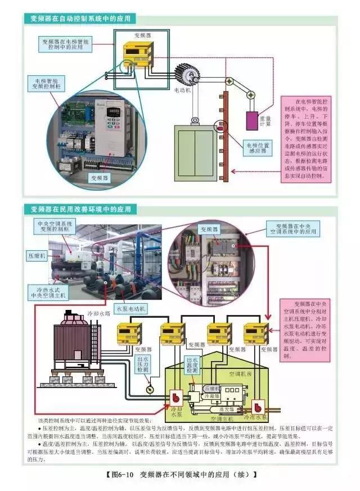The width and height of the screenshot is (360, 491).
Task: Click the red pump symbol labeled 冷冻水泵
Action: (260, 406)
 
